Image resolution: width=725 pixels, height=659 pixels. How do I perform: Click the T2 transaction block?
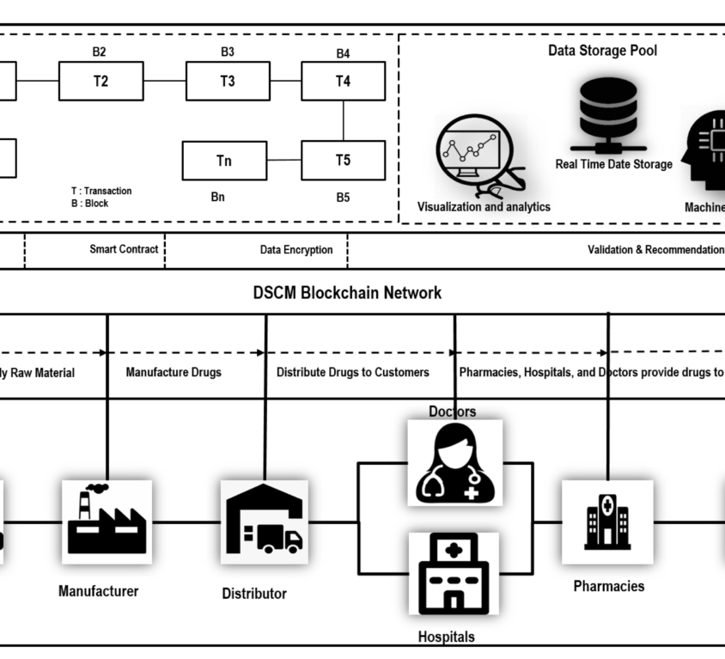[101, 82]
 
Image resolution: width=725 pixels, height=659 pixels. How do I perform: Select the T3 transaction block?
[228, 82]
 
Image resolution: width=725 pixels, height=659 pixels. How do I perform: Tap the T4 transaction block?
[343, 82]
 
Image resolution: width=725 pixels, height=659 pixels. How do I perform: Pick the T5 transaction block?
[343, 160]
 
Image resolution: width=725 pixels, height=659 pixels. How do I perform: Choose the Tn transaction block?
[224, 161]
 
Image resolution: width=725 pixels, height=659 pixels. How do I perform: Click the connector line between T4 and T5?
[344, 120]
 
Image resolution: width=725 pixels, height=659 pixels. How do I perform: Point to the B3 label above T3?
[227, 52]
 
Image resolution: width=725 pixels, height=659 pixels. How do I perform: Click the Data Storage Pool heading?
[602, 51]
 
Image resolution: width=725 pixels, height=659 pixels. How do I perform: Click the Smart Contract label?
[124, 249]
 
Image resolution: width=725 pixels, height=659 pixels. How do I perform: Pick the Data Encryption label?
[296, 250]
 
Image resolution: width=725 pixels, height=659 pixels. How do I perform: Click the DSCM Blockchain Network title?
[347, 293]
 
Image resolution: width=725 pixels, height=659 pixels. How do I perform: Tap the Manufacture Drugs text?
[174, 373]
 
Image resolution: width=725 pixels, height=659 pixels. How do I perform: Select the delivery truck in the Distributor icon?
[280, 540]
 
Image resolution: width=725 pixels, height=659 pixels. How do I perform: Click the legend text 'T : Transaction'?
[101, 192]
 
